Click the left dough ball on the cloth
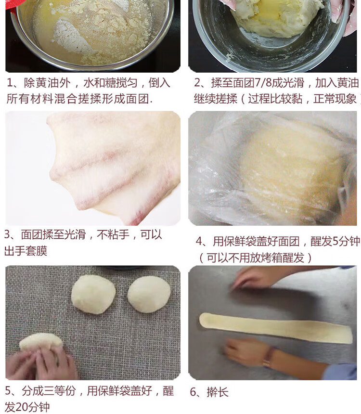(x=93, y=294)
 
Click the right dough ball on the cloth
(x=149, y=295)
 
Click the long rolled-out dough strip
(x=276, y=328)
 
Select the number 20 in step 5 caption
(x=21, y=407)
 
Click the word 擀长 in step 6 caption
(x=218, y=392)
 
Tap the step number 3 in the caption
(x=7, y=234)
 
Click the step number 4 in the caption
(x=199, y=241)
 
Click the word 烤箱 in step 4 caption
(x=271, y=258)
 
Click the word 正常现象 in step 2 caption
(x=335, y=99)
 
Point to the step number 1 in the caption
(x=10, y=83)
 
